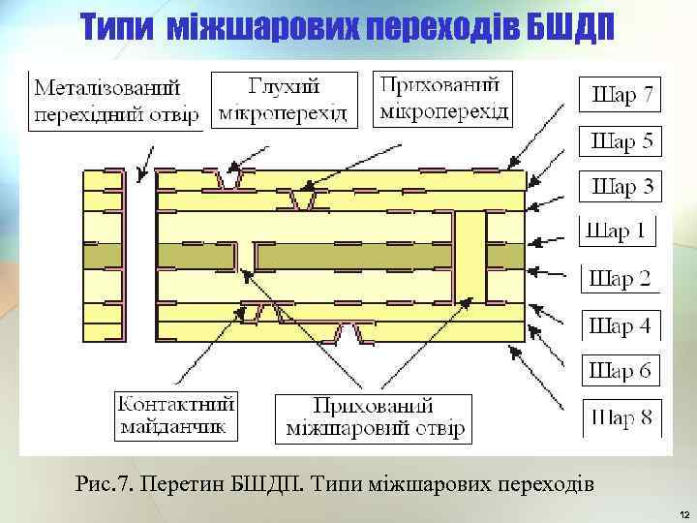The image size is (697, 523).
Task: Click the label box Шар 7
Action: point(621,95)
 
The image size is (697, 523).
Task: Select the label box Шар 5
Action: point(621,141)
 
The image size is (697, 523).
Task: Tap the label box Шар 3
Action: point(621,185)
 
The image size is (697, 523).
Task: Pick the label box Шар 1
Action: point(617,231)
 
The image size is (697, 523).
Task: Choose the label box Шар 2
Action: point(620,279)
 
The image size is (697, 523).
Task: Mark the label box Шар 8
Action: point(621,418)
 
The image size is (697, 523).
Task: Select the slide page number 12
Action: point(683,512)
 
